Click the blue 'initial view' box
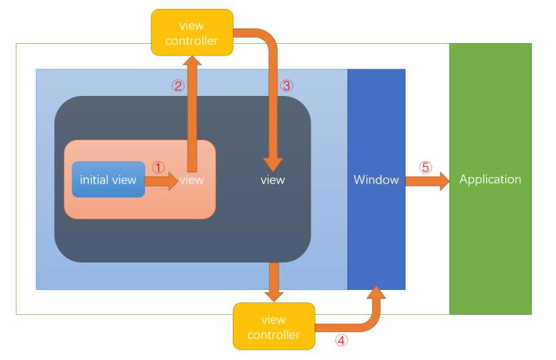108,179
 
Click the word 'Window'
376,180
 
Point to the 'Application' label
490,179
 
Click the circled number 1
158,167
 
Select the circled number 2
178,86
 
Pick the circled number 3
286,86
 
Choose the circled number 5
425,167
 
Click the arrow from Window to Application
427,181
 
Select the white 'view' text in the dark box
272,180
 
